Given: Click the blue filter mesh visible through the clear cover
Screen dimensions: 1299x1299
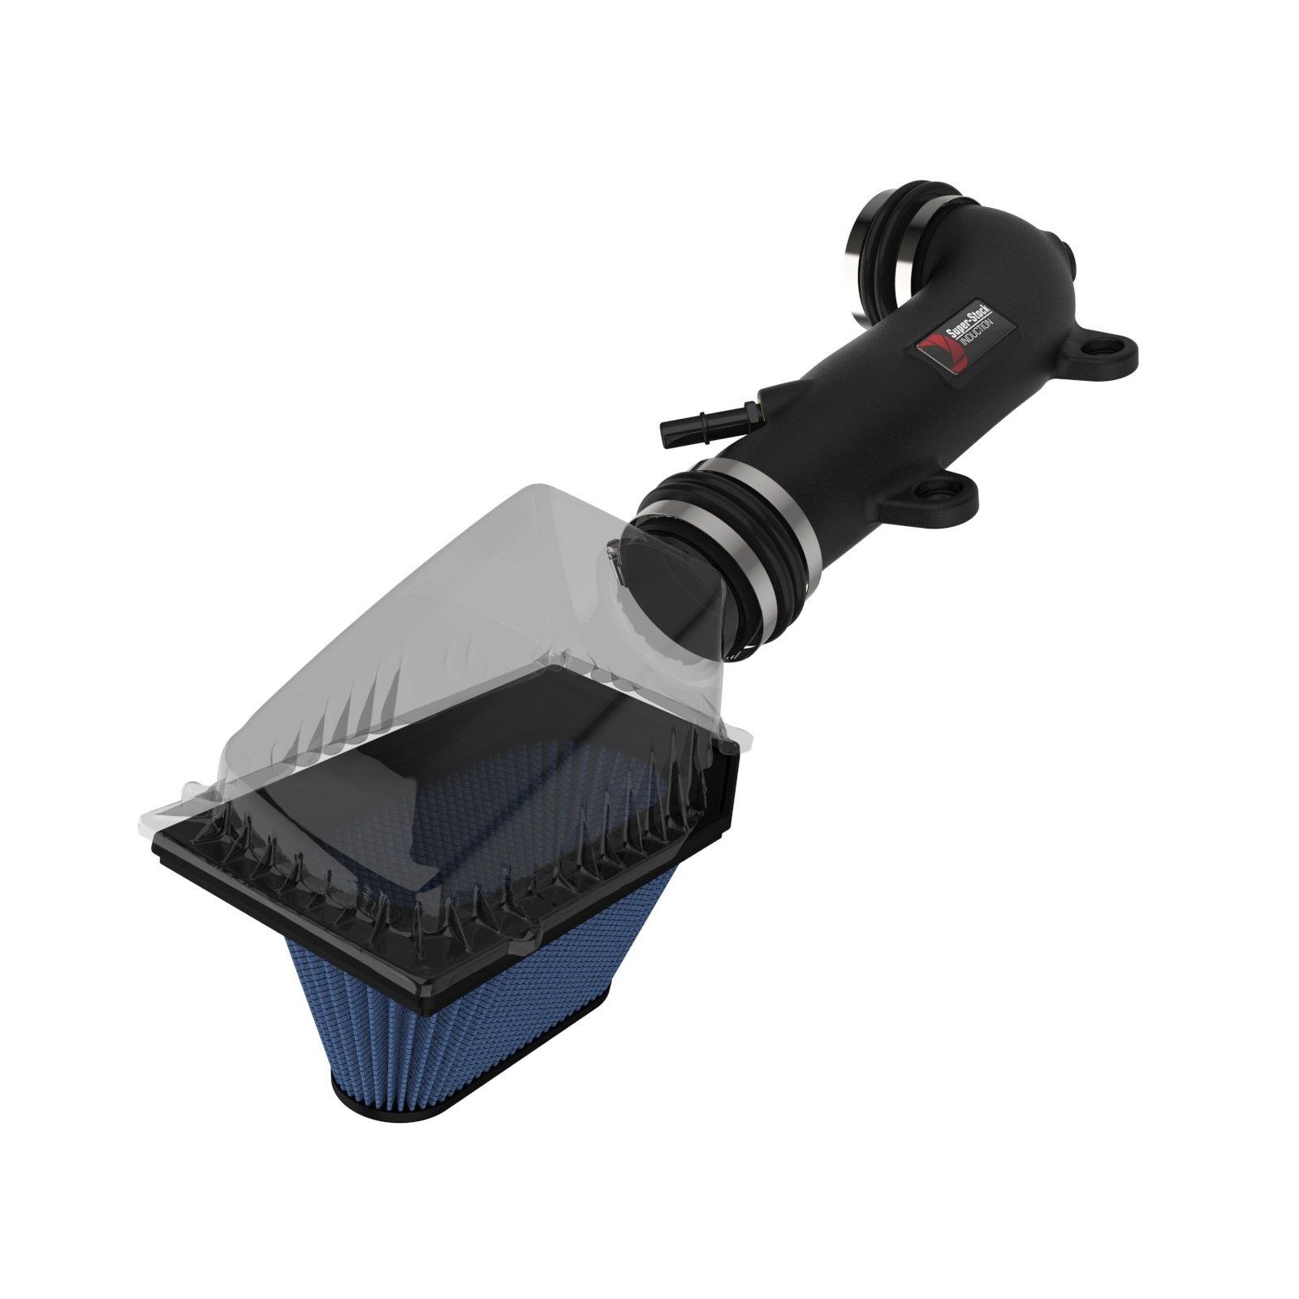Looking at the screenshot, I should point(520,779).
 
